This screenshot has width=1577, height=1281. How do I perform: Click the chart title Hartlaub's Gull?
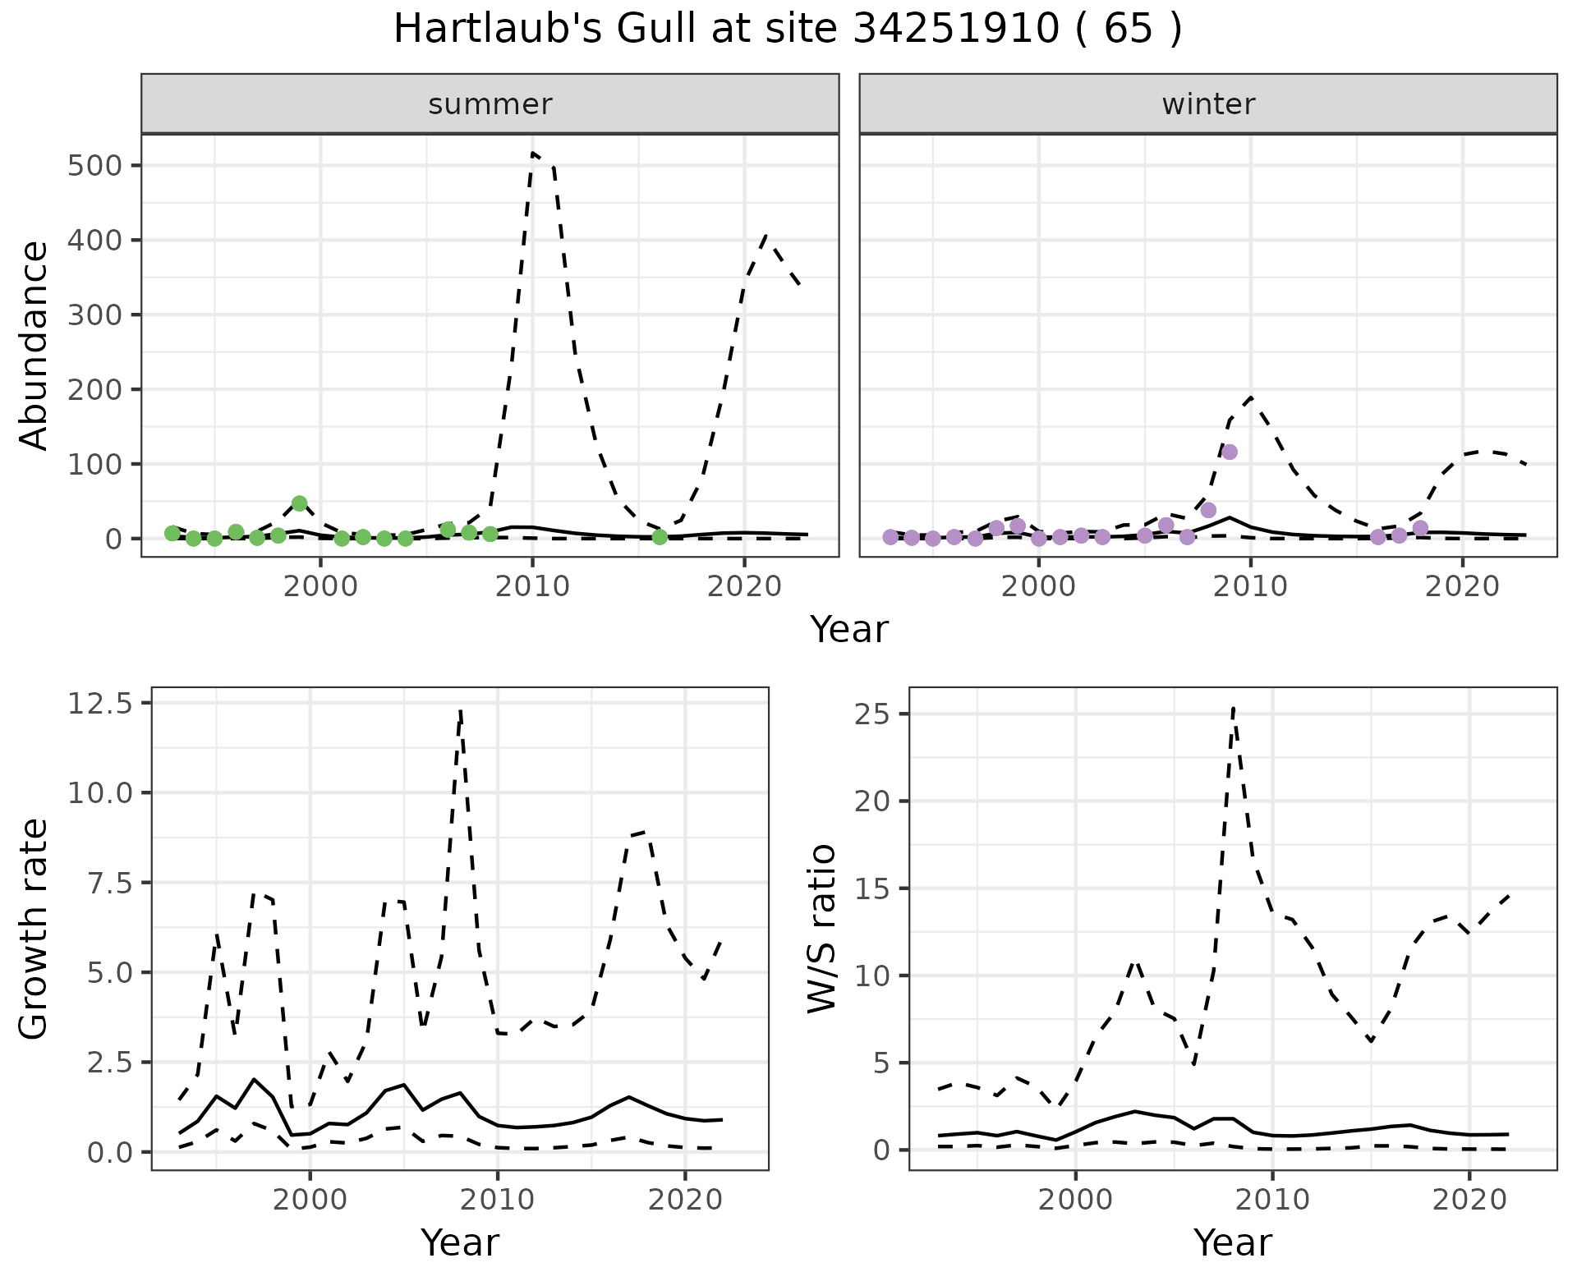[787, 30]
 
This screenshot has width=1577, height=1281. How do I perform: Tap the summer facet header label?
[490, 104]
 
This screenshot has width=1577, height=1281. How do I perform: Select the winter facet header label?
[1208, 104]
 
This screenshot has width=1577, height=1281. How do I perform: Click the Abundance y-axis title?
[34, 346]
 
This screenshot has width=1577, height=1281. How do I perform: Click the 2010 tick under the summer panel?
[532, 587]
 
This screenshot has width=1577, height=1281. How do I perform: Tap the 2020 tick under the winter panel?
[1462, 587]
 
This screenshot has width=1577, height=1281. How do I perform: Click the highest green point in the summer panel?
[300, 503]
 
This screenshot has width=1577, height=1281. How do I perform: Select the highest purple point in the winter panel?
[1230, 452]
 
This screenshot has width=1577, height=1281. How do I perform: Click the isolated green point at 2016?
[660, 537]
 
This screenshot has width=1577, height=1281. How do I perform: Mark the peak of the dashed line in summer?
[534, 153]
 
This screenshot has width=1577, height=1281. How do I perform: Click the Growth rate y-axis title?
[34, 930]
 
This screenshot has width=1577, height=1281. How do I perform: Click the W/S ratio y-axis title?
[821, 929]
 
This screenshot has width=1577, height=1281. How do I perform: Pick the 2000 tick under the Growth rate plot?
[310, 1200]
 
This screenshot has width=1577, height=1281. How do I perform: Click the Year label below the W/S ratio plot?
[1233, 1243]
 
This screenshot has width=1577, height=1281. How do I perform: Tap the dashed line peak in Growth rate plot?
[461, 711]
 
